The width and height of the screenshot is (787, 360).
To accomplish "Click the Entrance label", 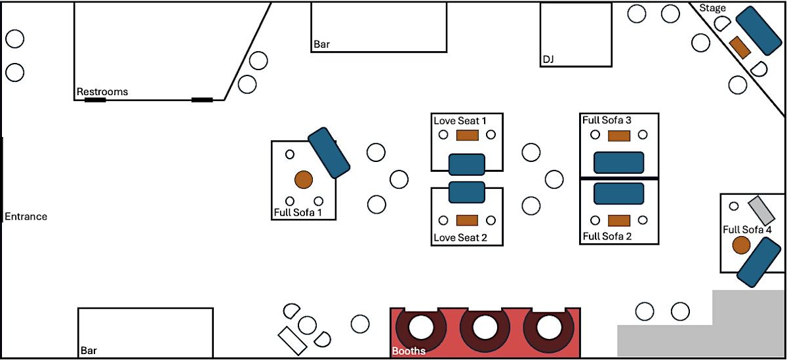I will tap(26, 216).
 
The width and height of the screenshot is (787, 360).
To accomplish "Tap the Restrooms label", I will tap(102, 92).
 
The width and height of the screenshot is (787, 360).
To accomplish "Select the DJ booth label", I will tap(548, 60).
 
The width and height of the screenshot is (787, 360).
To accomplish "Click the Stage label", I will tap(713, 8).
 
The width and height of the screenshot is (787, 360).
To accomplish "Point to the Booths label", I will tap(409, 351).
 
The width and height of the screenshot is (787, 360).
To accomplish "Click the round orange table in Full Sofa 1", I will tap(303, 179).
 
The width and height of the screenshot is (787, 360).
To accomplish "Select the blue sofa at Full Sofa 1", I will tap(329, 153).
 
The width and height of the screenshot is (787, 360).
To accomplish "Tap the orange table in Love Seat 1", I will tap(467, 135).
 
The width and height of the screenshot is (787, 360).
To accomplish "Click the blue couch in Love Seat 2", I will tap(466, 192).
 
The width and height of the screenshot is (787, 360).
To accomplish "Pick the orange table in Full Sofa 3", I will tap(618, 136).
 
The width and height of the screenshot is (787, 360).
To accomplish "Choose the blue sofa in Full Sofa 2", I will tap(618, 193).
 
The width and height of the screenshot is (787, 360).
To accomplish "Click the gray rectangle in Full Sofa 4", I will tap(762, 210).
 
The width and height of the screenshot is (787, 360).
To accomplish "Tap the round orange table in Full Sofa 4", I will tap(741, 245).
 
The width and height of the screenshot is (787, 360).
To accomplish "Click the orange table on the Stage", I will tap(739, 47).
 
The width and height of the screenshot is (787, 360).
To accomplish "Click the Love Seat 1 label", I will tap(460, 121).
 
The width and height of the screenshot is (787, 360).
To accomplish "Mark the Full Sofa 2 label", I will tap(607, 236).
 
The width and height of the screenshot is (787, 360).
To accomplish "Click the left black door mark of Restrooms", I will tap(95, 100).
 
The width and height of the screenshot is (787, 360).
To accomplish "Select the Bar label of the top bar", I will tap(321, 45).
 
